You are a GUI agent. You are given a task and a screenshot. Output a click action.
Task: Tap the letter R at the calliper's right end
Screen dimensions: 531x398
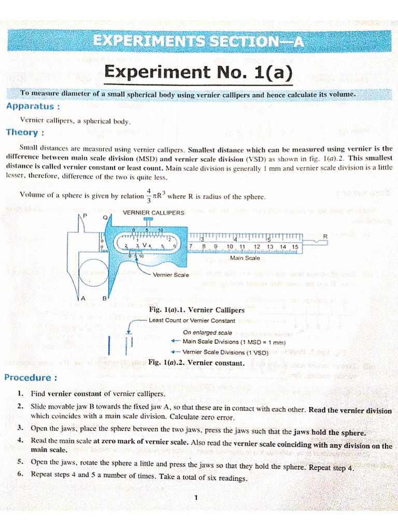325,236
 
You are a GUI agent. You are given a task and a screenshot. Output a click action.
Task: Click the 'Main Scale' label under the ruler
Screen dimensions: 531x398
245,258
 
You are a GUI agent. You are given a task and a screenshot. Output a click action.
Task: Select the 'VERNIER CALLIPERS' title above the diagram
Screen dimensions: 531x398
153,213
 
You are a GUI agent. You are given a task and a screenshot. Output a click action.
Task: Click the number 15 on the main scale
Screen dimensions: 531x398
294,247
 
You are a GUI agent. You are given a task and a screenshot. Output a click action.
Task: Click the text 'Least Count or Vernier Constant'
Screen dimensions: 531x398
191,320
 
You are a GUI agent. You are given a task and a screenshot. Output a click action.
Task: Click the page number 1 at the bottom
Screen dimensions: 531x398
196,498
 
